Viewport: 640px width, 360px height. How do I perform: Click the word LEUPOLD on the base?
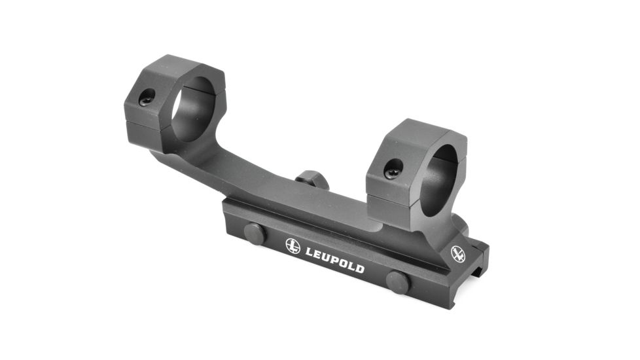click(x=334, y=261)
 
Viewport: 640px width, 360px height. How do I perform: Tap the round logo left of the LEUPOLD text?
click(x=293, y=246)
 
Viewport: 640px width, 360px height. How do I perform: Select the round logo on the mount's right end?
click(x=458, y=254)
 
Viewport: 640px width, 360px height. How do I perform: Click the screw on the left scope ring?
click(x=147, y=97)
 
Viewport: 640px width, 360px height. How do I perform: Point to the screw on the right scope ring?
click(x=393, y=169)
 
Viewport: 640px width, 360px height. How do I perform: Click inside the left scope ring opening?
click(x=192, y=109)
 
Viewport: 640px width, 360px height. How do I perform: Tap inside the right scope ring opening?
click(x=441, y=179)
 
